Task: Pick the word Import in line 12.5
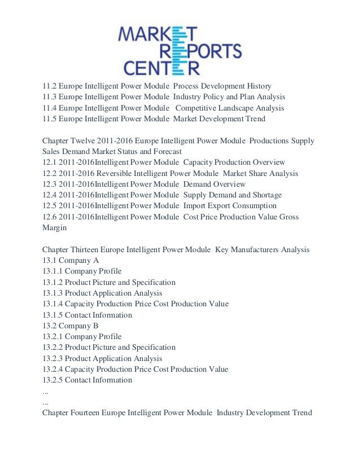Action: tap(195, 206)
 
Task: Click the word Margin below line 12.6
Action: tap(55, 227)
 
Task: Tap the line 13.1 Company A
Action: tap(71, 260)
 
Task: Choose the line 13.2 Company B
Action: tap(71, 326)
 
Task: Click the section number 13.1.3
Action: tap(52, 293)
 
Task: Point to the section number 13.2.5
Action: tap(52, 380)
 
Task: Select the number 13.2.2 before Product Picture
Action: tap(52, 347)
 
